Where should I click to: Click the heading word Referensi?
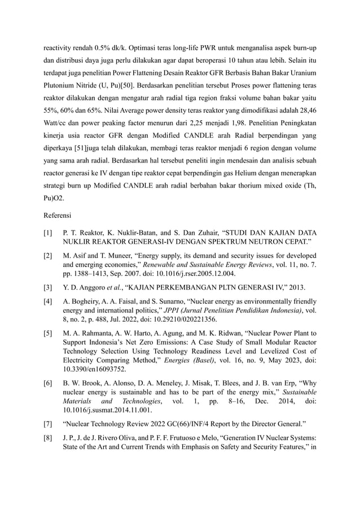click(60, 214)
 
